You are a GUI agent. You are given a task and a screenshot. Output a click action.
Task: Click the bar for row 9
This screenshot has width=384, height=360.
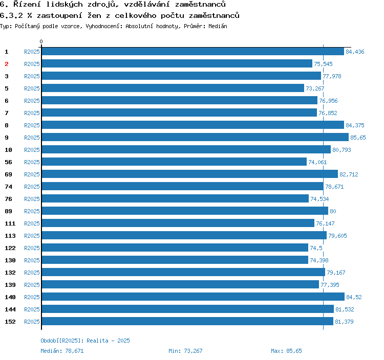[195, 138]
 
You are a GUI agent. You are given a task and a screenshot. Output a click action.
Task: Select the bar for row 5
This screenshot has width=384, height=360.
[173, 88]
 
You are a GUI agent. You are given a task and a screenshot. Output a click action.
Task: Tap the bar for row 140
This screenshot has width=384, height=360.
[193, 297]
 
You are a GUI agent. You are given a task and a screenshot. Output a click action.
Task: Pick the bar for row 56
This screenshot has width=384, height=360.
[174, 162]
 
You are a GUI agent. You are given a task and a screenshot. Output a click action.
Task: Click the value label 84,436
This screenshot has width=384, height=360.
[355, 52]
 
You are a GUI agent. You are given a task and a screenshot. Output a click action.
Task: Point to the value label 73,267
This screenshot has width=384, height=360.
[315, 88]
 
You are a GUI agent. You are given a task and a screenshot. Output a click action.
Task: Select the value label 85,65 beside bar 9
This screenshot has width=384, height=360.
[357, 138]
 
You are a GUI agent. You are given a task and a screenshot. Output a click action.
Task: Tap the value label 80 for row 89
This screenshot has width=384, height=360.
[333, 211]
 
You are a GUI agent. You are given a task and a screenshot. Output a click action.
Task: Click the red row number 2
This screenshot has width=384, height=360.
[7, 64]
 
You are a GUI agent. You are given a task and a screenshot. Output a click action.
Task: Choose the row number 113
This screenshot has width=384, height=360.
[10, 236]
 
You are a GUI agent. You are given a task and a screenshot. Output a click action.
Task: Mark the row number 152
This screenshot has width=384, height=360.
[10, 322]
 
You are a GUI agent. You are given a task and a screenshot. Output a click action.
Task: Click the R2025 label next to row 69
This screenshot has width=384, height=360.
[32, 174]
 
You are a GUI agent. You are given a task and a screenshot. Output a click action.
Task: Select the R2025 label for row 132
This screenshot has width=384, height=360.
[32, 273]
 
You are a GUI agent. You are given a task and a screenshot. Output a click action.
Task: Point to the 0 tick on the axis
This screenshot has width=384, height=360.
[41, 42]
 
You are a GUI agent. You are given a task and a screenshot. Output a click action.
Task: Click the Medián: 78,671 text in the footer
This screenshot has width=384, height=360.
[62, 351]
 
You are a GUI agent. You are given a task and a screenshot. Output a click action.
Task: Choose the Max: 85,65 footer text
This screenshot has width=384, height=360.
[286, 351]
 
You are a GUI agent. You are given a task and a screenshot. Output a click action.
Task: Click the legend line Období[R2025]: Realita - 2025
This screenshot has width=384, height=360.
[86, 341]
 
